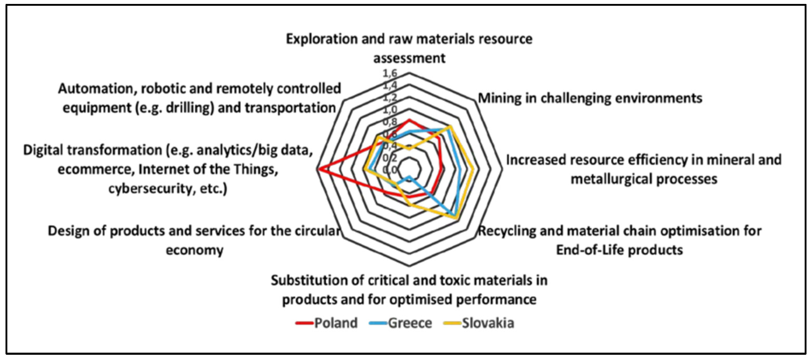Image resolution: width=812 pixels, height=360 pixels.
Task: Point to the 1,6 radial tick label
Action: pyautogui.click(x=390, y=74)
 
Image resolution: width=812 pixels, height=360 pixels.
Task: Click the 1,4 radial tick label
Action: pyautogui.click(x=390, y=85)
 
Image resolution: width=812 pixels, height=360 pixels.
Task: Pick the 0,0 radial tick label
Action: pyautogui.click(x=390, y=170)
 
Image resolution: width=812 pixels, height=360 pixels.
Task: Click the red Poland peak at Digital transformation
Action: pyautogui.click(x=319, y=170)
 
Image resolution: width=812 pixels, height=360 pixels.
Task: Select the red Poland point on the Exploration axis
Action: pyautogui.click(x=409, y=120)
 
